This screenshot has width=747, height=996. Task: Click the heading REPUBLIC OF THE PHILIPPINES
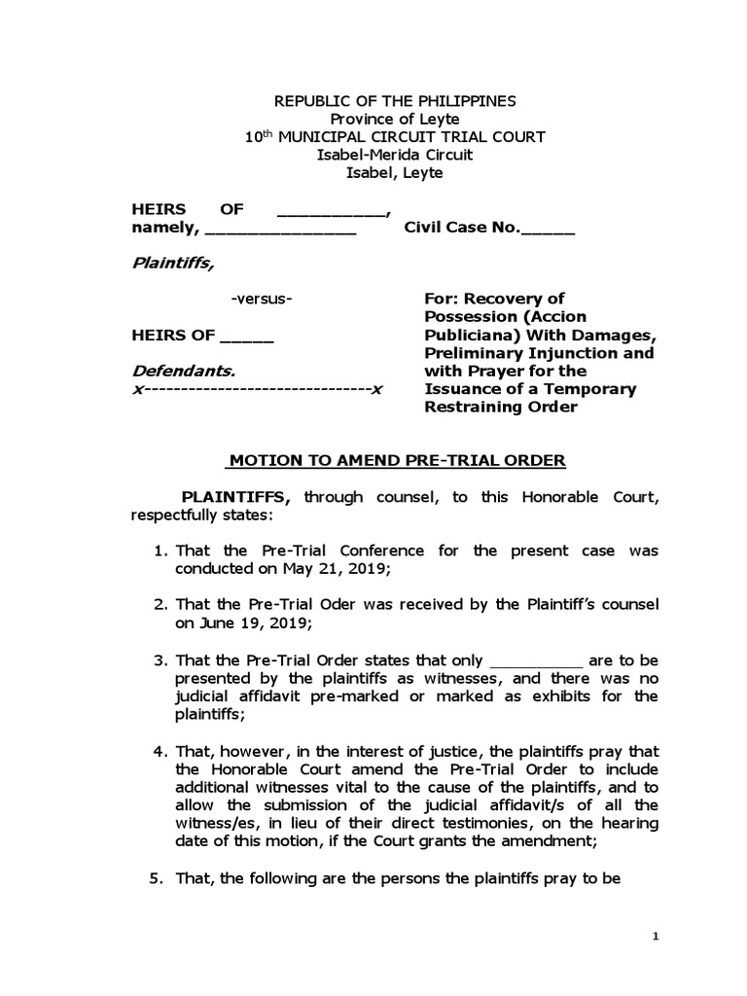(x=394, y=101)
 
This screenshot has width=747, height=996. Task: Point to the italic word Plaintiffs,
(x=172, y=262)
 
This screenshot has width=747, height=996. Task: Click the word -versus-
(x=262, y=299)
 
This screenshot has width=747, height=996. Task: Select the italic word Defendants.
(x=183, y=371)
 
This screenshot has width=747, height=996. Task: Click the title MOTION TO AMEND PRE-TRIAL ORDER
(x=395, y=460)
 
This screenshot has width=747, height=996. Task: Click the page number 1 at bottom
(x=657, y=936)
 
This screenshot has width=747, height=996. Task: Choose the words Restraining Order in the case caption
(x=500, y=407)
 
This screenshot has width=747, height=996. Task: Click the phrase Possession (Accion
(x=492, y=316)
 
